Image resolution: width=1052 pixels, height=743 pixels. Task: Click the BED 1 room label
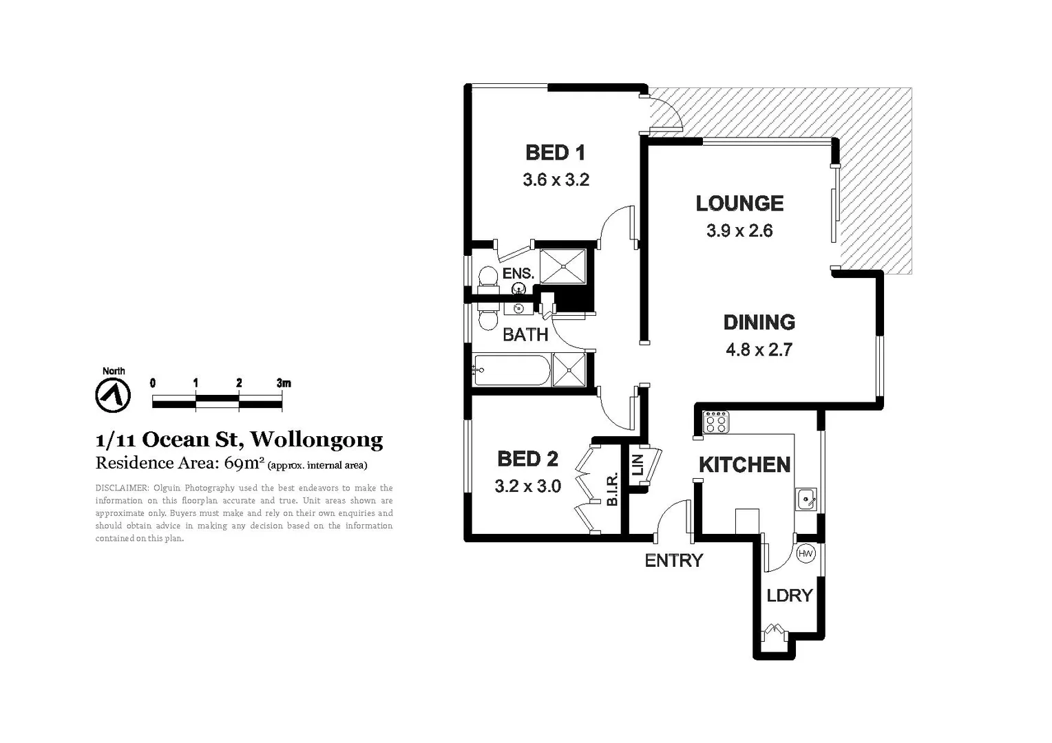point(555,152)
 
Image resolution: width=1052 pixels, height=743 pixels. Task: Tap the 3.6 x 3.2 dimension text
point(556,180)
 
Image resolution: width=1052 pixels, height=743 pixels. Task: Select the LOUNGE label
point(739,203)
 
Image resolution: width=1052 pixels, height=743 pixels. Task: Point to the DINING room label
point(759,322)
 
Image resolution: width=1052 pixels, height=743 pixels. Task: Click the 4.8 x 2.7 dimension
point(759,349)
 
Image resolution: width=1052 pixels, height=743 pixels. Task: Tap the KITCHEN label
point(744,465)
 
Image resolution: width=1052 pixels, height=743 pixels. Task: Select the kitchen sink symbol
point(806,499)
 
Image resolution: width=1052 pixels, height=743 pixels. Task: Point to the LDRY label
point(790,595)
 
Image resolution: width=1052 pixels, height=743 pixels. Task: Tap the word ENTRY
point(673,561)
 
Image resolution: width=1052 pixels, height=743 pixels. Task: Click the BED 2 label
point(527,458)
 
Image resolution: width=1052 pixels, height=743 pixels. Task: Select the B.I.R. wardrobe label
point(612,488)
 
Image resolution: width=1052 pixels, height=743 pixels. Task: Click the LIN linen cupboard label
point(637,464)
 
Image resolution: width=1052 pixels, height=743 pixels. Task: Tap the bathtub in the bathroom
point(512,371)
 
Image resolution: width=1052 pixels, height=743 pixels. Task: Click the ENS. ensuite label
point(518,273)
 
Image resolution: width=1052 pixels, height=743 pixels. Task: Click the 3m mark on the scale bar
point(283,383)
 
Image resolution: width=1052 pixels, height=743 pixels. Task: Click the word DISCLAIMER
point(121,488)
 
